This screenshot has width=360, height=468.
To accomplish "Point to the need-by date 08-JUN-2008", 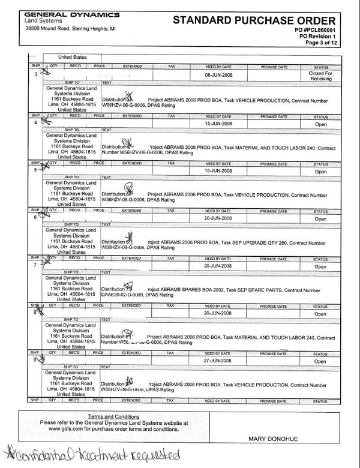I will (x=218, y=75).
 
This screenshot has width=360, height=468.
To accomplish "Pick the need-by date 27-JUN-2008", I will (x=218, y=361).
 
